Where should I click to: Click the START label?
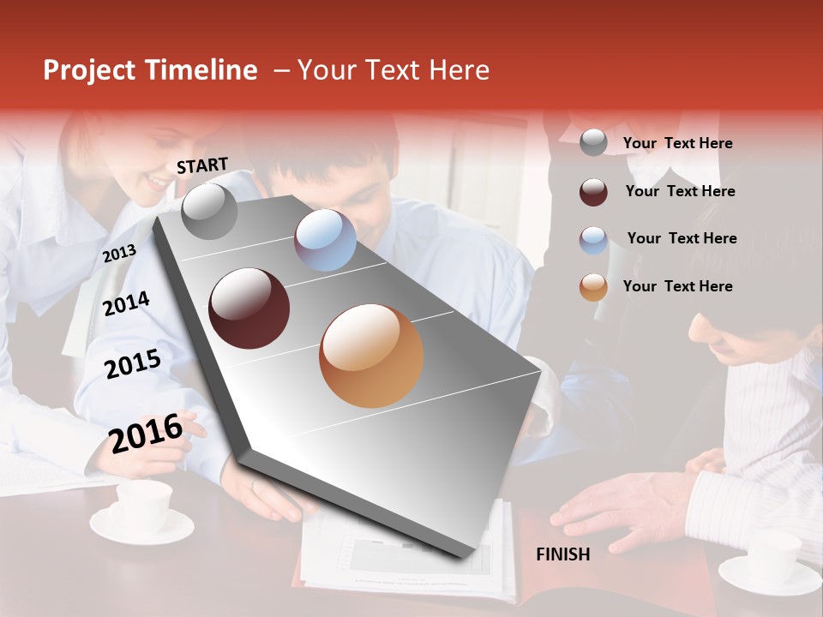coord(202,165)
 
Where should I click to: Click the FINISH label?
coord(562,554)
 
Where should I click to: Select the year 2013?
coord(119,254)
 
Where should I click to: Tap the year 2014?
coord(126,303)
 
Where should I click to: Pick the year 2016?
coord(146,433)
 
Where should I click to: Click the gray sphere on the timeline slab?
coord(209,212)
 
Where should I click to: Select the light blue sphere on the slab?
coord(325,240)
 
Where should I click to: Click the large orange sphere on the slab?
coord(371,356)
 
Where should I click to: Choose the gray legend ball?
coord(593,143)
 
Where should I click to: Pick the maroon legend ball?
coord(593,192)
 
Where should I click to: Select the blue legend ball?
coord(593,240)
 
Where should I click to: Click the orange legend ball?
coord(593,287)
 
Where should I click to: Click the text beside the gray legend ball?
coord(677,143)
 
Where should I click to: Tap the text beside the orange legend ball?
coord(677,286)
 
